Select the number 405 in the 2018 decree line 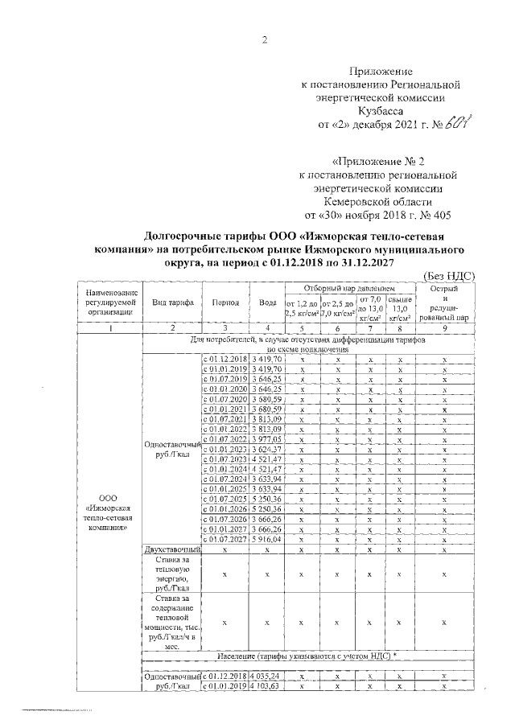coord(438,215)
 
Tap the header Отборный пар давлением coord(350,288)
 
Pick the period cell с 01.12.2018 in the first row coord(225,358)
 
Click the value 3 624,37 coord(266,450)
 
